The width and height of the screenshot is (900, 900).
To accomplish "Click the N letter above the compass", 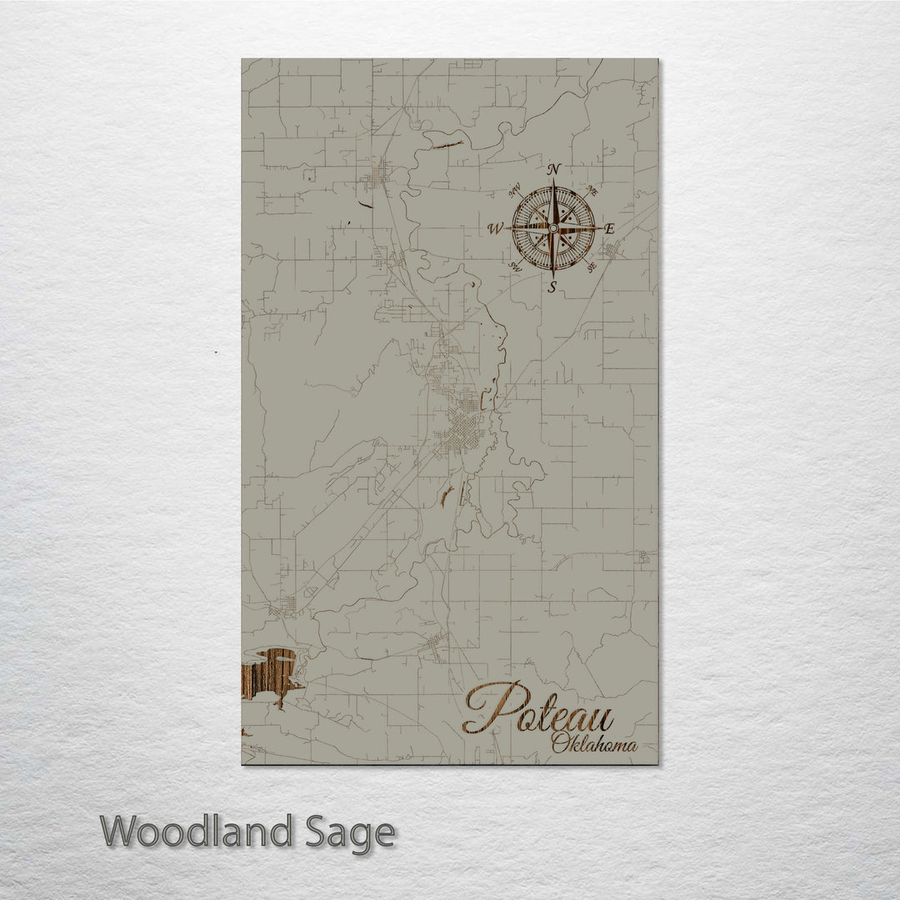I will click(552, 170).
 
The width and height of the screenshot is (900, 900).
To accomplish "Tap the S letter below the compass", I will click(552, 286).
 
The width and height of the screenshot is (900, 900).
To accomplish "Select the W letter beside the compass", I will click(495, 228).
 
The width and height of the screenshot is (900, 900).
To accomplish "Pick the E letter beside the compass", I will click(609, 228).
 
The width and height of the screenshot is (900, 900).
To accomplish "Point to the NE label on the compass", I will click(592, 190).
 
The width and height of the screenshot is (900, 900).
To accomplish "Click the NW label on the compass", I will click(514, 188).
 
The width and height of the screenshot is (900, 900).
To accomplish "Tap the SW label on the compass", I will click(514, 267).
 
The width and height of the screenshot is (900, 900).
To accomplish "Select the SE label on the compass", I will click(592, 267).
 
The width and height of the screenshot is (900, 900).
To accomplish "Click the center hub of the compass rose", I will click(553, 227).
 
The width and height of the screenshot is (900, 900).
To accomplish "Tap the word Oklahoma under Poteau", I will click(594, 744).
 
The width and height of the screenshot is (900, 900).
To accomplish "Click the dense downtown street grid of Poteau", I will click(462, 430).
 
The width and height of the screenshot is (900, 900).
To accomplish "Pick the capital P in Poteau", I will click(492, 707).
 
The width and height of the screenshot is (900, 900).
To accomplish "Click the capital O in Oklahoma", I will click(561, 742).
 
